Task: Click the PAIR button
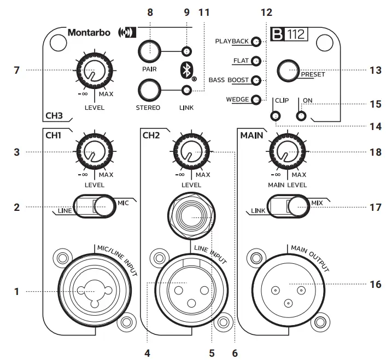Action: point(149,52)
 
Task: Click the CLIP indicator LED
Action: point(276,116)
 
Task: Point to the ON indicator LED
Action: point(300,116)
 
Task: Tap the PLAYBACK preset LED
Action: point(256,42)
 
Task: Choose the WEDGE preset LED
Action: point(256,99)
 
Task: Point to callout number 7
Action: point(17,70)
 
